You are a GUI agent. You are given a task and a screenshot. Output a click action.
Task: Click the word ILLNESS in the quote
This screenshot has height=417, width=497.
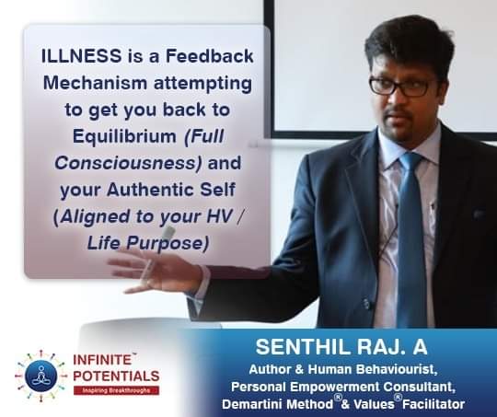[82, 56]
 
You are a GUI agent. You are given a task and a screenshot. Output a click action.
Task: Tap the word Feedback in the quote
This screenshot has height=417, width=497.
[210, 56]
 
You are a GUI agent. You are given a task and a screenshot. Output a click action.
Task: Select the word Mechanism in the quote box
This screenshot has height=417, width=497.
[95, 83]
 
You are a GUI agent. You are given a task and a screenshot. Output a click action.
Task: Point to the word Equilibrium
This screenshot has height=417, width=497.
[124, 136]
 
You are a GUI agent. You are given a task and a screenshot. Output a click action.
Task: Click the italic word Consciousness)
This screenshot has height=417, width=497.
[128, 163]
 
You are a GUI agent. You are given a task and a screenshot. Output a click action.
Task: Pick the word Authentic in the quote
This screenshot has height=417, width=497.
[150, 190]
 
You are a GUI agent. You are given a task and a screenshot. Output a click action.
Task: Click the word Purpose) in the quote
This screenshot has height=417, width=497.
[168, 244]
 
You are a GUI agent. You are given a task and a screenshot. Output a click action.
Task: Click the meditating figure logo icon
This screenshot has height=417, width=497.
[40, 376]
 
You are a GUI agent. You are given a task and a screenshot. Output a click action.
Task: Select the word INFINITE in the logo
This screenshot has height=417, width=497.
[102, 360]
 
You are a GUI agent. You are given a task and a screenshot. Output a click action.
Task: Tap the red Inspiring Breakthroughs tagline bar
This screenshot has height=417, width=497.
[116, 390]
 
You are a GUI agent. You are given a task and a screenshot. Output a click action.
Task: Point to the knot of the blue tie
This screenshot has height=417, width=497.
[410, 163]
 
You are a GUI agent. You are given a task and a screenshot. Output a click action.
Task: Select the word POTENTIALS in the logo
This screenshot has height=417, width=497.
[116, 376]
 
